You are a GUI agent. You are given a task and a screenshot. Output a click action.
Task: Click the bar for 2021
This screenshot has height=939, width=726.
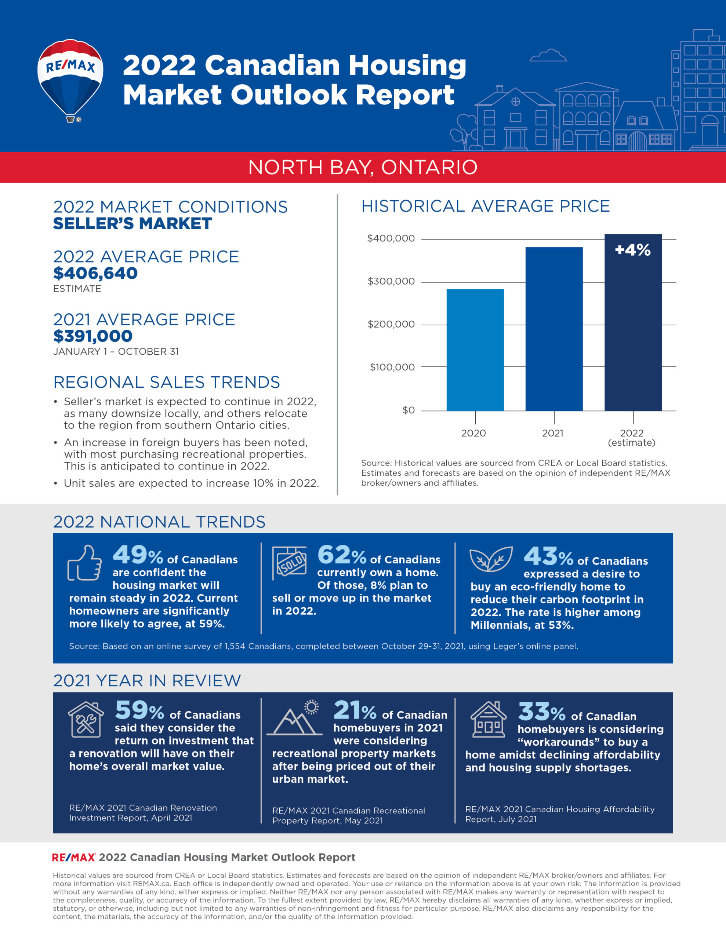(x=554, y=329)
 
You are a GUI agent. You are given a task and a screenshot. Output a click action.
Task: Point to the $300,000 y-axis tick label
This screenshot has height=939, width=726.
(x=391, y=281)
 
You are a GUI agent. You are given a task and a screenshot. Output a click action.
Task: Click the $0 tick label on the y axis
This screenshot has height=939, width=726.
(x=409, y=410)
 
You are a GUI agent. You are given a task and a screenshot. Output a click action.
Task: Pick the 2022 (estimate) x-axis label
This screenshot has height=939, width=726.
(x=631, y=438)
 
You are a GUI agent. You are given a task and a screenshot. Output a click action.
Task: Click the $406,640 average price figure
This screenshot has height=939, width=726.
(x=95, y=273)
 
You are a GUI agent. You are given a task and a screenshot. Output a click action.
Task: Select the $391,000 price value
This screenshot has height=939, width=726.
(x=92, y=336)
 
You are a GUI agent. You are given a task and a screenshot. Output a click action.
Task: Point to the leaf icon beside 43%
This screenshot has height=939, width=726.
(x=491, y=559)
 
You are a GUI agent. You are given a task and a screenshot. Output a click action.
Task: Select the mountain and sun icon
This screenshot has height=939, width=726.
(x=295, y=718)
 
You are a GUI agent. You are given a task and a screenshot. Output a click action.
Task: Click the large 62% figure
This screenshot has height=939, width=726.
(x=341, y=555)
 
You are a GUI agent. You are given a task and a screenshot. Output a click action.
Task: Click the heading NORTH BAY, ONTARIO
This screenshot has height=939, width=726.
(x=363, y=167)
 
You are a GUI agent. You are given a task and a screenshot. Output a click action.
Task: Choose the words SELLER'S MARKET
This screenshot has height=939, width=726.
(x=132, y=224)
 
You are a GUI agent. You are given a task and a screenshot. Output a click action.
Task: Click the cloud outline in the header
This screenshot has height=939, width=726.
(x=547, y=55)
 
